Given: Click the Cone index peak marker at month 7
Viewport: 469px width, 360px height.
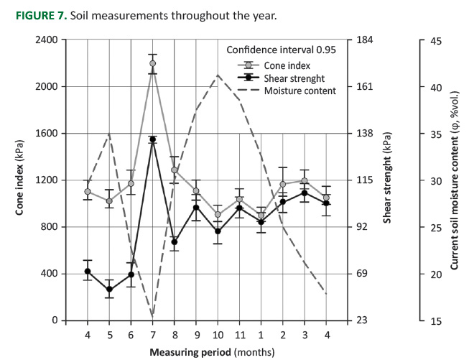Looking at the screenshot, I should (152, 63).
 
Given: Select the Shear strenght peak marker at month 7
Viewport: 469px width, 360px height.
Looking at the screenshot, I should (152, 139).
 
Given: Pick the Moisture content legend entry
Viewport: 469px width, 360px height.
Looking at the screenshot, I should (299, 91).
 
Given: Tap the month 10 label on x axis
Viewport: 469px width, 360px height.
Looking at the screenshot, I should (218, 336).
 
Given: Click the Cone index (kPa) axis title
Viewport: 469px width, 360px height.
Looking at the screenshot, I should (19, 180).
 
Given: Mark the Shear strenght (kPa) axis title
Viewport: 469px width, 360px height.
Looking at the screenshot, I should (388, 180).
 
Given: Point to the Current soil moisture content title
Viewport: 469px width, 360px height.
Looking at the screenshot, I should (454, 180).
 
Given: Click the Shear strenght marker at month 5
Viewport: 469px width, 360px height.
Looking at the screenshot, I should (109, 290).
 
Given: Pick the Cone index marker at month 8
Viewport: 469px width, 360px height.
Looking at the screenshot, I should (174, 170).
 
